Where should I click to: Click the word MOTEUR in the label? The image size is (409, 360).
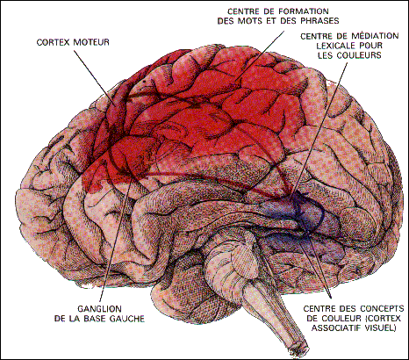tap(91, 42)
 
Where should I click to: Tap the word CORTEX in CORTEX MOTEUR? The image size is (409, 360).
tap(54, 42)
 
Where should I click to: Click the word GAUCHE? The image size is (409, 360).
tap(127, 319)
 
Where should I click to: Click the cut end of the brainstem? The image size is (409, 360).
tap(298, 348)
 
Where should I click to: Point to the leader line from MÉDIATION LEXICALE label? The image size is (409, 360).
tap(319, 128)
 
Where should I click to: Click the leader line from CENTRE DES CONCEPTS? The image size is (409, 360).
tap(319, 263)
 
